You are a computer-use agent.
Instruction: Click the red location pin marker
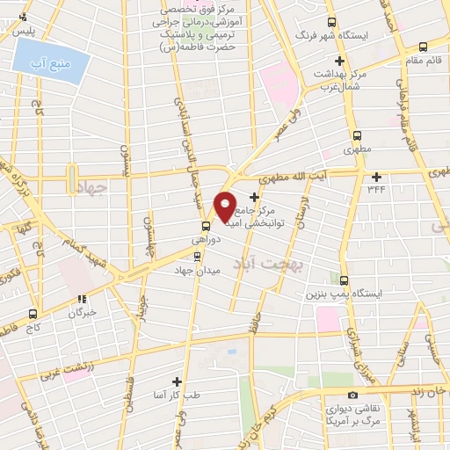[x=225, y=207]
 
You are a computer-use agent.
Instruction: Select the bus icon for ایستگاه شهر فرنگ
[x=331, y=22]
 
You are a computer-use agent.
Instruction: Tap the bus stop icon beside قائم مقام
[x=423, y=47]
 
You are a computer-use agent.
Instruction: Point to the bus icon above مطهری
[x=357, y=135]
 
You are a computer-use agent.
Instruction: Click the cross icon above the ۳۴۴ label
[x=376, y=175]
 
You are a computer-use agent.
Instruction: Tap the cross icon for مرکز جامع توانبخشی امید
[x=255, y=198]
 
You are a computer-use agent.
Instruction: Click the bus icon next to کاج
[x=33, y=313]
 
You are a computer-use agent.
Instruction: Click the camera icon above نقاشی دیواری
[x=352, y=396]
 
